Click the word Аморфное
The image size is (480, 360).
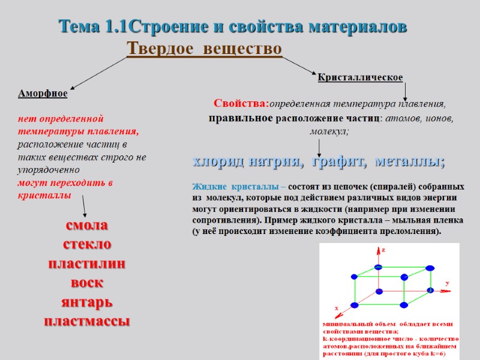click(x=43, y=94)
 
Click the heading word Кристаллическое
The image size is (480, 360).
click(x=360, y=77)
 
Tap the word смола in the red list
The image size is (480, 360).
click(x=87, y=226)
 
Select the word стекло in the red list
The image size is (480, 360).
click(x=87, y=244)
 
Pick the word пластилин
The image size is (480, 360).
click(x=87, y=263)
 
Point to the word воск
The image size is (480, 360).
click(x=87, y=282)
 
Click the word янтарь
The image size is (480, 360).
click(x=87, y=301)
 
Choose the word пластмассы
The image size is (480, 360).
click(x=87, y=320)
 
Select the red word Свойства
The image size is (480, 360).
click(x=241, y=103)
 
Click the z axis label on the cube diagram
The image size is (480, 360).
click(x=383, y=248)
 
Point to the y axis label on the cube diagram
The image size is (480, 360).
click(x=447, y=282)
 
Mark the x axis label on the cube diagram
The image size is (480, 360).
click(x=336, y=308)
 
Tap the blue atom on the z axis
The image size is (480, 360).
click(x=378, y=267)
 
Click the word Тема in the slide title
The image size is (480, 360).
click(x=79, y=27)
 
